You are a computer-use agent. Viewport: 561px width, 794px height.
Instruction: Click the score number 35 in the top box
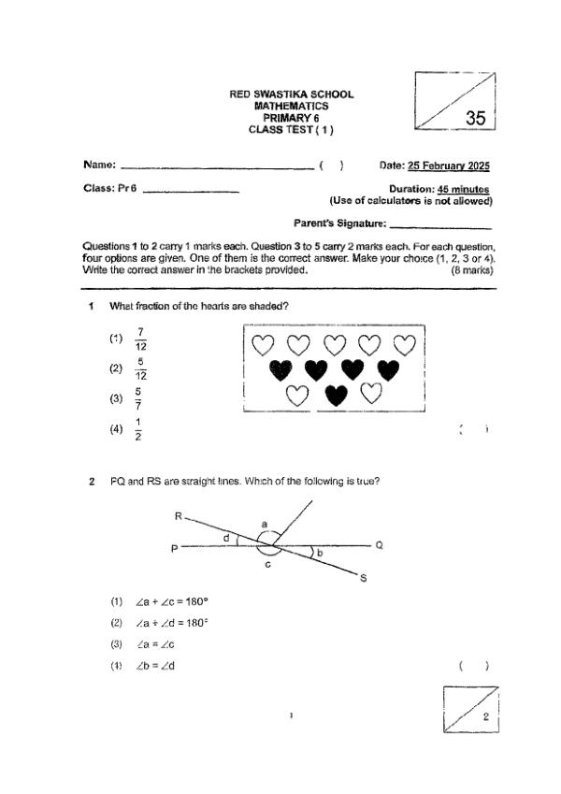475,118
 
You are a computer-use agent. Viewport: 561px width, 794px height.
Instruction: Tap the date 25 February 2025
449,166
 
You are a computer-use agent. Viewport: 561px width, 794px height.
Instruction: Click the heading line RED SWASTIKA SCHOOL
291,95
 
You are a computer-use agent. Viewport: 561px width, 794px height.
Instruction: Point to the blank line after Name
217,166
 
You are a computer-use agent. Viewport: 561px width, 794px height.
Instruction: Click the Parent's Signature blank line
439,224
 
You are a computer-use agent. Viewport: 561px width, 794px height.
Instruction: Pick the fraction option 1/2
138,430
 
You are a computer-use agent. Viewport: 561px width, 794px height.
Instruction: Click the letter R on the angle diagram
179,516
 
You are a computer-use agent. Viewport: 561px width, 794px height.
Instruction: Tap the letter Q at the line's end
379,545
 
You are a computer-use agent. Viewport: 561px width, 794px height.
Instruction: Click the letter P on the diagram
174,549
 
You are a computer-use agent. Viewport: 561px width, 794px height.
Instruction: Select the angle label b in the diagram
320,555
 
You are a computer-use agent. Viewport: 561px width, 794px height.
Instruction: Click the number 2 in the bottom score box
485,717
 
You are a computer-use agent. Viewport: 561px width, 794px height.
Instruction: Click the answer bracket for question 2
475,666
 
